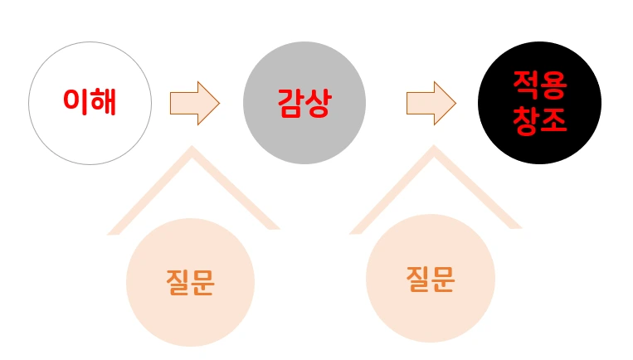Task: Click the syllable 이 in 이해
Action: pyautogui.click(x=76, y=102)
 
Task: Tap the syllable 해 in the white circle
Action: pyautogui.click(x=103, y=102)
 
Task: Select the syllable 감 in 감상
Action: pyautogui.click(x=290, y=103)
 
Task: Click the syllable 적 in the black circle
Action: pyautogui.click(x=526, y=86)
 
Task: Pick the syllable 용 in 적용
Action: pyautogui.click(x=553, y=86)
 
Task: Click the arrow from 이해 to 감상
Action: pyautogui.click(x=193, y=103)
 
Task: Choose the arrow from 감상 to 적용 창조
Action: pyautogui.click(x=430, y=103)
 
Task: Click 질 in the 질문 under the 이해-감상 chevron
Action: pyautogui.click(x=178, y=283)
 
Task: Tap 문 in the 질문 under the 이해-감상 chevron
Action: pyautogui.click(x=202, y=283)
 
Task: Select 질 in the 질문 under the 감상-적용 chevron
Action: pyautogui.click(x=418, y=280)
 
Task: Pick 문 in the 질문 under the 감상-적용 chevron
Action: pyautogui.click(x=443, y=280)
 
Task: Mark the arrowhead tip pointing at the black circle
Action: pyautogui.click(x=455, y=103)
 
